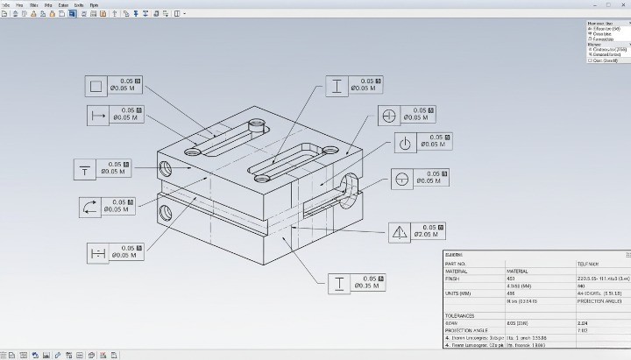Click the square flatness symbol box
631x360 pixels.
[96, 86]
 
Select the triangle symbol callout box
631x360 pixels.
[400, 232]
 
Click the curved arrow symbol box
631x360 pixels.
[90, 207]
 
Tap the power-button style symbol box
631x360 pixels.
[404, 143]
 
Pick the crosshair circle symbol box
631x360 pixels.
[390, 116]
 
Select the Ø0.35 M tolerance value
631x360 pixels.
[365, 286]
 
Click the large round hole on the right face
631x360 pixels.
[349, 187]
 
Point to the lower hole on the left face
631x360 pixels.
[164, 211]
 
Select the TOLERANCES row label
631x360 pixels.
[460, 315]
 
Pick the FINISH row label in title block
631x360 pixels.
[453, 279]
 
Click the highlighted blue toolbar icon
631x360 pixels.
[72, 14]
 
